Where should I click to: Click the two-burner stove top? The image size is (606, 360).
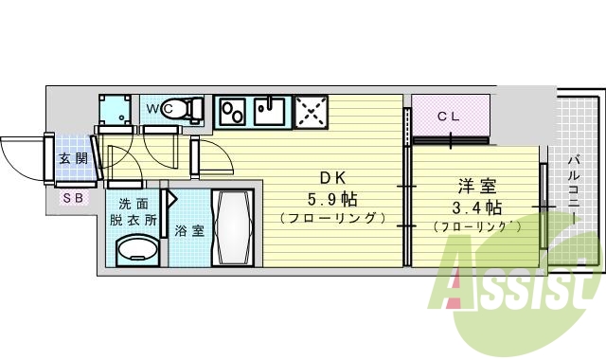(x=233, y=112)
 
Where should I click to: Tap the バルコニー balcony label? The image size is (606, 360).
(x=575, y=189)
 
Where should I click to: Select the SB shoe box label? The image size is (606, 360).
(x=72, y=198)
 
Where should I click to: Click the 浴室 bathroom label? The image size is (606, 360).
(x=188, y=230)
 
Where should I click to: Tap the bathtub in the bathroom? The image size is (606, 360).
(x=232, y=227)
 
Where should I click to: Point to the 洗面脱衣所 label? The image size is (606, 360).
(x=133, y=211)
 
